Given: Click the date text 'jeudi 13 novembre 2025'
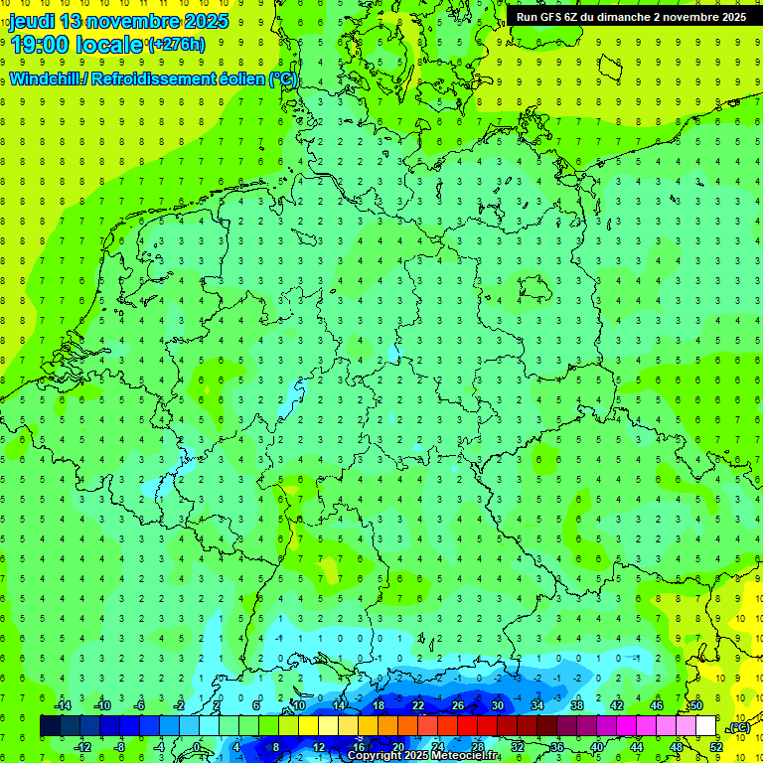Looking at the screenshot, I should click(118, 21).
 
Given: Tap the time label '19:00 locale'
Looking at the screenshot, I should click(76, 45).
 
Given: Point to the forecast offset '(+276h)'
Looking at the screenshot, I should click(176, 45).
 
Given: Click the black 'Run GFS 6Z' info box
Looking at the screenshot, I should click(632, 17).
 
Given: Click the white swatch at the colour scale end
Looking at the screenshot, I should click(705, 726).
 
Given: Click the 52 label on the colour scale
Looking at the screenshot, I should click(716, 746).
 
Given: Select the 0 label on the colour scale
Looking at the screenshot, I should click(198, 746).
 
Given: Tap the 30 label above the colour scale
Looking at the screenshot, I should click(497, 705).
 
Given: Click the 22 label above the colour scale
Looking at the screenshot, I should click(417, 705).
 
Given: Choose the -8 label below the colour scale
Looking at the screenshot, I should click(119, 746).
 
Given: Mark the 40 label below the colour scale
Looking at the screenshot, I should click(596, 746).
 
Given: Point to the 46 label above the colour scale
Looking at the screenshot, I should click(657, 705).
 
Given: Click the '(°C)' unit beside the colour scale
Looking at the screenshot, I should click(739, 728).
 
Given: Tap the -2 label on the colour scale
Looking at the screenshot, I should click(179, 705).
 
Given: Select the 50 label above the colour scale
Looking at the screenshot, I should click(696, 705).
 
